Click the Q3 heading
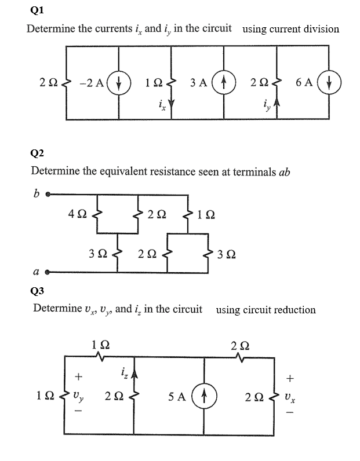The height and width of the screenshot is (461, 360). (37, 289)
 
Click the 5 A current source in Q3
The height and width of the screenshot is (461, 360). (206, 397)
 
